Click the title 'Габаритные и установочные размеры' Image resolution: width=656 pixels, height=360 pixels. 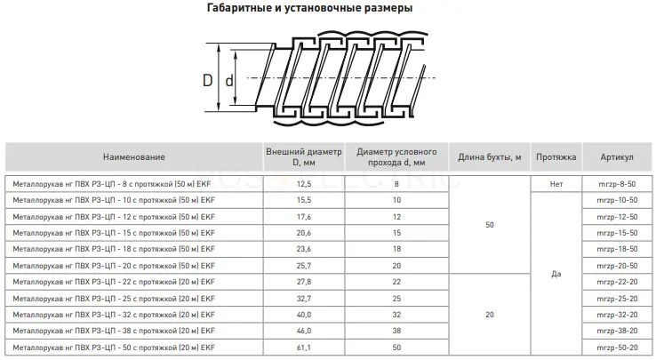309,8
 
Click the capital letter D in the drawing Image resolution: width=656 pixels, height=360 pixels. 207,80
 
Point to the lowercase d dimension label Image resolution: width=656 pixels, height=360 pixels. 228,80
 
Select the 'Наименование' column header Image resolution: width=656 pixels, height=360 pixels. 134,157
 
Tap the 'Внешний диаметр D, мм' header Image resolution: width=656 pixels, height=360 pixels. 304,157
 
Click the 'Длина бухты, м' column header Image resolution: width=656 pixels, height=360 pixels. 490,157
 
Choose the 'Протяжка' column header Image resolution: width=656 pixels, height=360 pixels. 556,157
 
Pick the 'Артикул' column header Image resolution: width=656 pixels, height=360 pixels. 617,157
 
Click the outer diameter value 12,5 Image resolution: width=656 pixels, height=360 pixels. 304,184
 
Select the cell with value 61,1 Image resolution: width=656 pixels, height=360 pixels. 304,348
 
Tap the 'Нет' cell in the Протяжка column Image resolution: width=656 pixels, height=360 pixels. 556,184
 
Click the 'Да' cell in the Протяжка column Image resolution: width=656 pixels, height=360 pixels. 556,274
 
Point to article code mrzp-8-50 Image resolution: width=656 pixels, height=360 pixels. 617,184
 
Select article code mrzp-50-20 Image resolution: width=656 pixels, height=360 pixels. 617,348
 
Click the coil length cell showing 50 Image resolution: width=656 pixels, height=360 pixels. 490,225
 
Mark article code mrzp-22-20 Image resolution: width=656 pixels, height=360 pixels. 617,282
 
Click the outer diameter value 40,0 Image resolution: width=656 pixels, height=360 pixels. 304,315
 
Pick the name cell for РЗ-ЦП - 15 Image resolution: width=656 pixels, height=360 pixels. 114,233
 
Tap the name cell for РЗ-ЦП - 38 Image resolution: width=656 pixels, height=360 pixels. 114,331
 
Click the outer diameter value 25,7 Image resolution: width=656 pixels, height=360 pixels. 304,266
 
